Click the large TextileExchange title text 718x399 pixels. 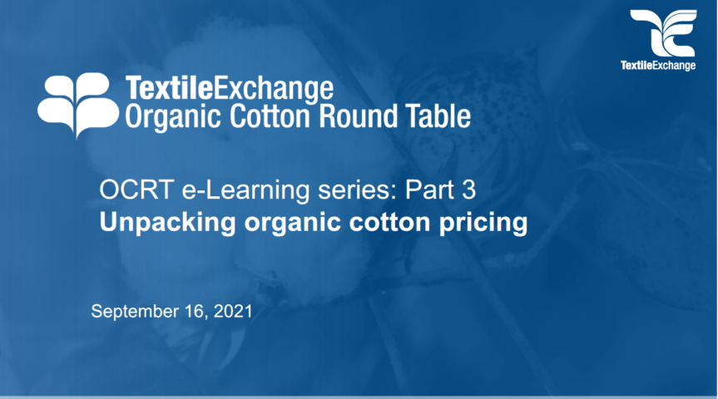230,88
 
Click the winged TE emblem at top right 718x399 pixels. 664,33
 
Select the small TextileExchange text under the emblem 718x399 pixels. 658,66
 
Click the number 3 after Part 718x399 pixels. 468,190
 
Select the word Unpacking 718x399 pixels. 167,223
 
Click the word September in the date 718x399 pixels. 135,312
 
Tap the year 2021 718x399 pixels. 233,311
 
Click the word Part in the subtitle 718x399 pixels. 429,190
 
